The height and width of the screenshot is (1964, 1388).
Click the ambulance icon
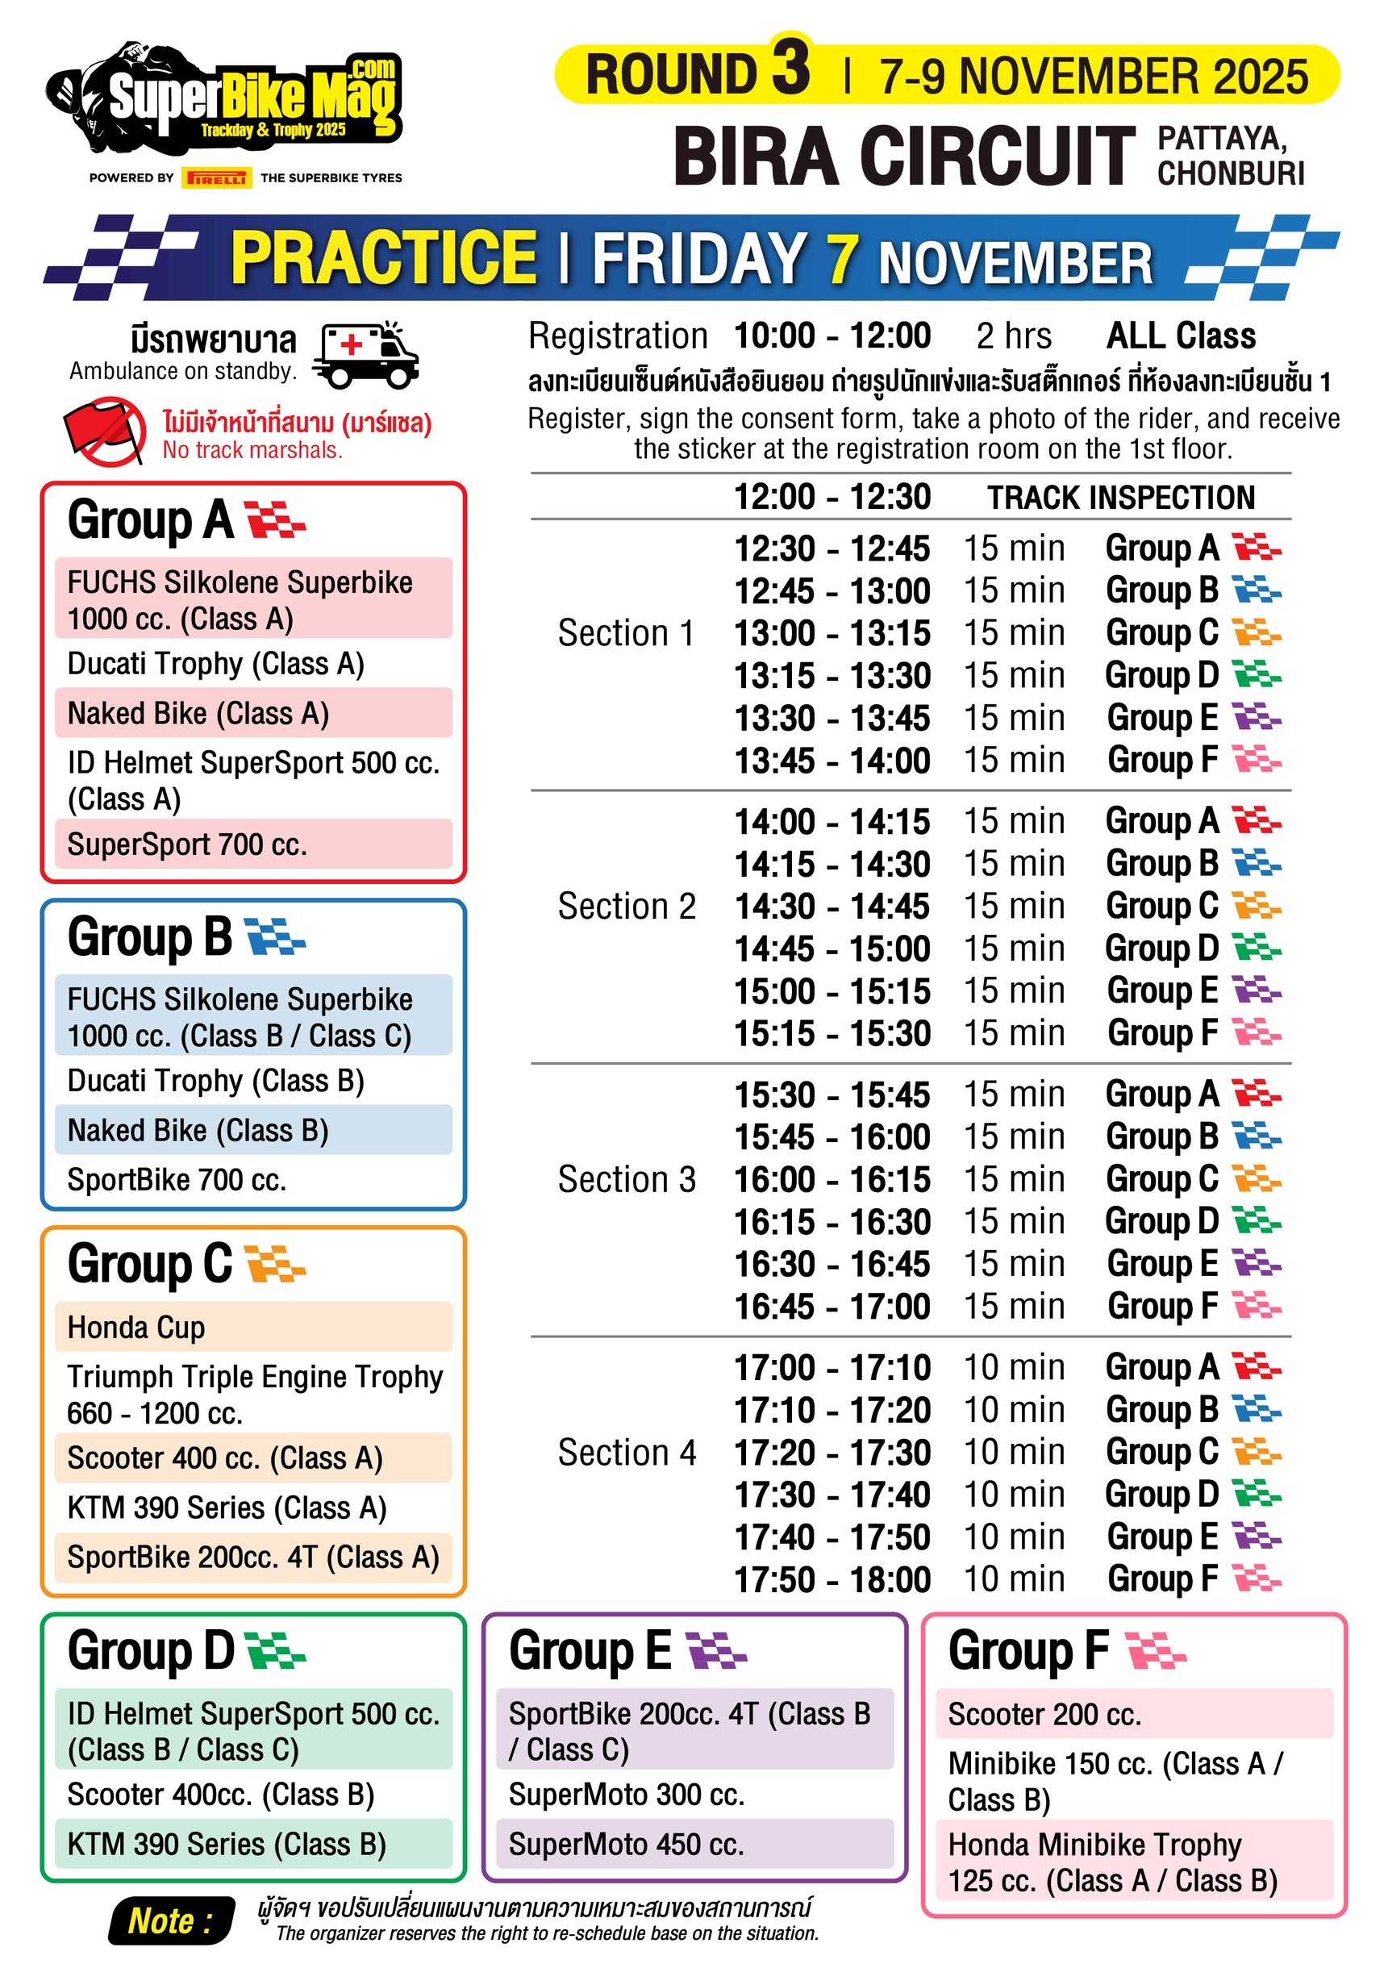click(x=365, y=353)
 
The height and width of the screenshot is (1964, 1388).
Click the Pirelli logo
click(x=217, y=177)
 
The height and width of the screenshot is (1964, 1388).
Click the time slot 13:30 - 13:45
click(x=832, y=719)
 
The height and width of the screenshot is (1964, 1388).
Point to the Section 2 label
click(x=626, y=907)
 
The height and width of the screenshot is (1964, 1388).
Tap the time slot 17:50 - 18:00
click(x=832, y=1580)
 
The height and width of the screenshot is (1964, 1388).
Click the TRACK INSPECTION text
click(x=1120, y=498)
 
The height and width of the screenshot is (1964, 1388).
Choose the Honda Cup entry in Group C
click(x=137, y=1327)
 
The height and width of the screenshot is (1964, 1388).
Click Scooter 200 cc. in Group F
click(x=1044, y=1714)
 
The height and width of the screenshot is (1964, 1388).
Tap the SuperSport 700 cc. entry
click(x=186, y=844)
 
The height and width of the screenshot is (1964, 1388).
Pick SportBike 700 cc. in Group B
click(x=177, y=1179)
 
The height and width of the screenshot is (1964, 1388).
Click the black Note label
click(x=171, y=1921)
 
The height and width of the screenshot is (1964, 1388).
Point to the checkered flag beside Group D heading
click(x=274, y=1650)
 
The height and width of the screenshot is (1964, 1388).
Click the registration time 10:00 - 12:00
click(x=832, y=336)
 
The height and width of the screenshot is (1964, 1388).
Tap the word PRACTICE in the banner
click(x=383, y=257)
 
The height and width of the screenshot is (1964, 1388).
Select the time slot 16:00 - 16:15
click(x=832, y=1179)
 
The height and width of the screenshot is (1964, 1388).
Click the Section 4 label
click(x=626, y=1453)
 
